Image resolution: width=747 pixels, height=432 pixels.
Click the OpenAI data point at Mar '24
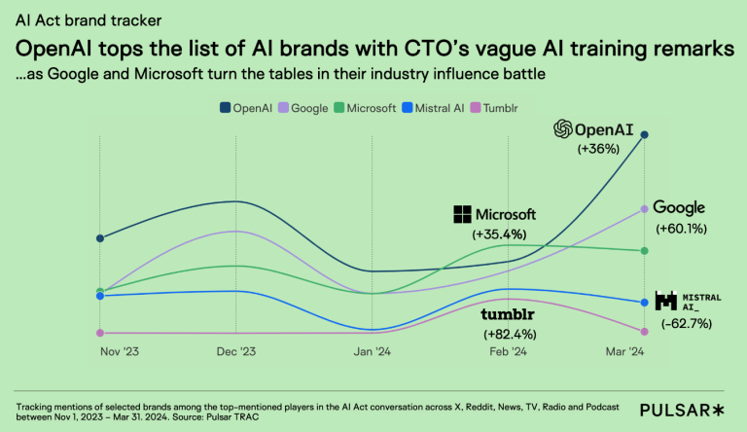(x=644, y=135)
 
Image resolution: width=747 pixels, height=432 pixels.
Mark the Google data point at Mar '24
(x=644, y=208)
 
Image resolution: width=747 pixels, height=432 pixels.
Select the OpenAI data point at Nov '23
(x=101, y=237)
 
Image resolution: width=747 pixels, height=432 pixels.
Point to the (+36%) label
(x=598, y=149)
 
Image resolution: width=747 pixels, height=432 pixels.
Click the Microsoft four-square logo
(x=463, y=214)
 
